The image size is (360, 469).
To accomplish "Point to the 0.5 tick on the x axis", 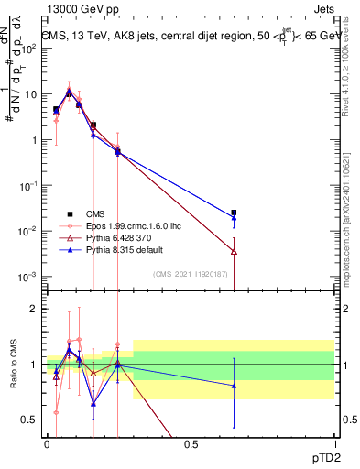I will coord(191,442).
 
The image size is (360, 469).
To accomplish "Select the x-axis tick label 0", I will coord(48,442).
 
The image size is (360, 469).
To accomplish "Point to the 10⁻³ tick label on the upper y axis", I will coord(28,276).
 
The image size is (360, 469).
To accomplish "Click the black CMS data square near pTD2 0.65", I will coord(234,213).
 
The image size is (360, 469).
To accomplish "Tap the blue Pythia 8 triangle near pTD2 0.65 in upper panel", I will coord(234,218).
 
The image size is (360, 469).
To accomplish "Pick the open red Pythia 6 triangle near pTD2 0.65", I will coord(234,250).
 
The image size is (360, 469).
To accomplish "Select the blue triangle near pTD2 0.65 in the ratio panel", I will coord(234,386).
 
